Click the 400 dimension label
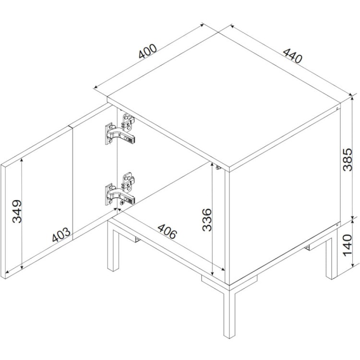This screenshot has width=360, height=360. pos(148,51)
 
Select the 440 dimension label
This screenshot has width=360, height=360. pos(292,56)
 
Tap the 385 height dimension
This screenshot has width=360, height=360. pos(348,159)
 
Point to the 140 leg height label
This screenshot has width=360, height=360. pos(348,245)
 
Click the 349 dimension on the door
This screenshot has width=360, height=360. pos(17,211)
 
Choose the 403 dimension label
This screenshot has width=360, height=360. pos(61,234)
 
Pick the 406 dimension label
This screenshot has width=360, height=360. pos(168,231)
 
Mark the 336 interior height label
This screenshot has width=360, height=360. pos(207,220)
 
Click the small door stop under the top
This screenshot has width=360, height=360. pos(217,168)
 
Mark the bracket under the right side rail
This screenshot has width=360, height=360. pos(308,248)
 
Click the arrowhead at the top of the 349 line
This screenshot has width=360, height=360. pos(22,160)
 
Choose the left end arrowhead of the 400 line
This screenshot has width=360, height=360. pos(96,87)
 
